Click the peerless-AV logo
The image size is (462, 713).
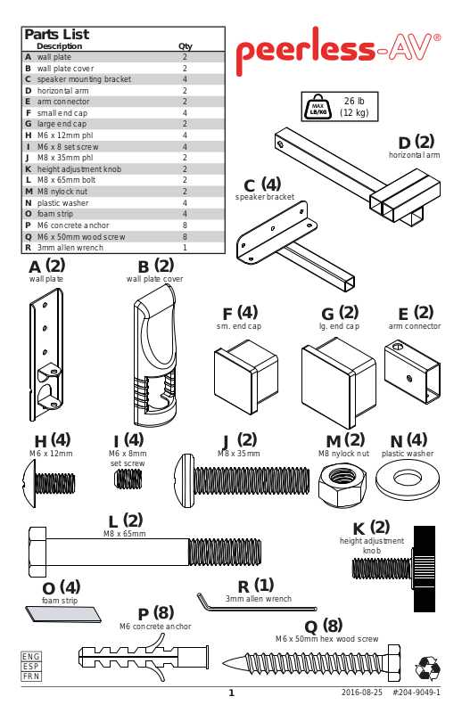pyautogui.click(x=338, y=50)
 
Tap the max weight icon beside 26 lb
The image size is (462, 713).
pyautogui.click(x=318, y=107)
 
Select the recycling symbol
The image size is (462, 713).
pyautogui.click(x=427, y=668)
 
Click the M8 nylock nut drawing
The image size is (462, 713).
pyautogui.click(x=342, y=486)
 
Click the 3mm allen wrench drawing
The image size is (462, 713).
pyautogui.click(x=257, y=602)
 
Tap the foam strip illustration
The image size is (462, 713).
pyautogui.click(x=63, y=613)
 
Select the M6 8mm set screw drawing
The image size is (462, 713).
pyautogui.click(x=128, y=479)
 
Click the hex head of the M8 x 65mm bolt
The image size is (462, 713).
pyautogui.click(x=37, y=552)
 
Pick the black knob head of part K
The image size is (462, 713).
pyautogui.click(x=425, y=569)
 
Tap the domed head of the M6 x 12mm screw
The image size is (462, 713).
pyautogui.click(x=29, y=483)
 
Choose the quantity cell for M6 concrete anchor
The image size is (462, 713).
pyautogui.click(x=185, y=225)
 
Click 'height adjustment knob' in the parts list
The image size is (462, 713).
pyautogui.click(x=79, y=169)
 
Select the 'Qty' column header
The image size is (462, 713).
pyautogui.click(x=186, y=46)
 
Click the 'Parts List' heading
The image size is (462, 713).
pyautogui.click(x=57, y=34)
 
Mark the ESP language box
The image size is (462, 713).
pyautogui.click(x=31, y=666)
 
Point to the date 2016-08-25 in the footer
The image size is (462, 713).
pyautogui.click(x=362, y=693)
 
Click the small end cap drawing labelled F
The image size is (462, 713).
pyautogui.click(x=246, y=377)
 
